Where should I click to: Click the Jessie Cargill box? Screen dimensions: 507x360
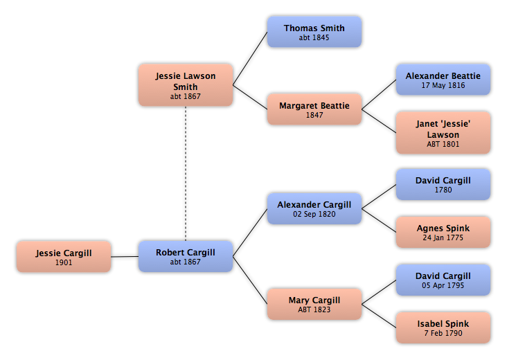click(64, 256)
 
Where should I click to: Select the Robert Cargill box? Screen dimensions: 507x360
click(186, 256)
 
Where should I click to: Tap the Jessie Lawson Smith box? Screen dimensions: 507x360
click(186, 85)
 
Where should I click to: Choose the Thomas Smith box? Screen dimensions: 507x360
click(314, 32)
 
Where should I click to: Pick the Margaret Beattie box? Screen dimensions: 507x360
click(314, 109)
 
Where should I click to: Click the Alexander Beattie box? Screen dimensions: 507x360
click(443, 80)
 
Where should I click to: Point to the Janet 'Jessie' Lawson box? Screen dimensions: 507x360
click(443, 133)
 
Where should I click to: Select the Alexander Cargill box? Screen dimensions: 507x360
click(314, 208)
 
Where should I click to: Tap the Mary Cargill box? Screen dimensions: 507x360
click(314, 304)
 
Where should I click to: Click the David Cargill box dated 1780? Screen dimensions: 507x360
click(443, 184)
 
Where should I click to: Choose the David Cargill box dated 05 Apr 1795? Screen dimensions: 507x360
click(443, 280)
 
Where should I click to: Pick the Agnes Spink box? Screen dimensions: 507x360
click(443, 232)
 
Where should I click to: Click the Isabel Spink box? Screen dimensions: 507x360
click(443, 327)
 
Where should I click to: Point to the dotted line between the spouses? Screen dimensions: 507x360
click(186, 173)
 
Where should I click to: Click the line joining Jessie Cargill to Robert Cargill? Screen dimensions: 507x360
click(125, 257)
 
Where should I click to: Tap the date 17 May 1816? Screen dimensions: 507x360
click(443, 85)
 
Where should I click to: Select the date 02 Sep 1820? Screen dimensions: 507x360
click(314, 214)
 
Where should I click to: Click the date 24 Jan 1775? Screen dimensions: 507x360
click(443, 237)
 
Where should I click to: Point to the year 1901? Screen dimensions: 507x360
click(64, 262)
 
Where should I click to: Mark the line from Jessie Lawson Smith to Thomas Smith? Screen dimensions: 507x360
click(250, 58)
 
